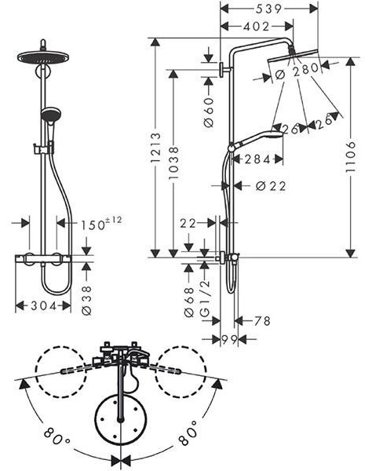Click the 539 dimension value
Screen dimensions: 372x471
pyautogui.click(x=268, y=9)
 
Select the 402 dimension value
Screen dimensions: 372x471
pyautogui.click(x=257, y=27)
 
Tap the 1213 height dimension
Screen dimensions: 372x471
pyautogui.click(x=155, y=148)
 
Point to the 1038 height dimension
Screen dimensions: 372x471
pyautogui.click(x=173, y=162)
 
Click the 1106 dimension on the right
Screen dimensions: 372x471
pyautogui.click(x=350, y=156)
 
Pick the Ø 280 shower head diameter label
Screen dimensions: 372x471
pyautogui.click(x=297, y=71)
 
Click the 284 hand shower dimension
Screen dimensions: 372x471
pyautogui.click(x=257, y=159)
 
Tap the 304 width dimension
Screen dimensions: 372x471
pyautogui.click(x=44, y=306)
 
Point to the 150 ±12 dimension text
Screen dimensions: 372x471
pyautogui.click(x=101, y=224)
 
